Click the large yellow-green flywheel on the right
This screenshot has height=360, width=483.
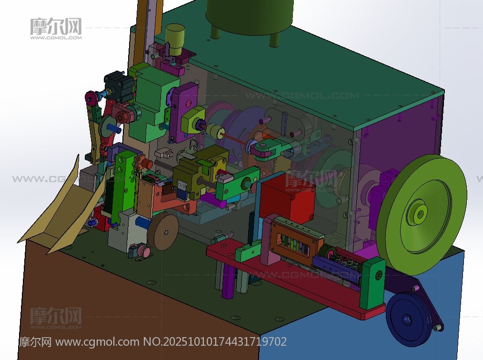coord(422,215)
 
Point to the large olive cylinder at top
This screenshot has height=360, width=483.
coord(250,15)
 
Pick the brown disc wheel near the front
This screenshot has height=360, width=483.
coord(163,231)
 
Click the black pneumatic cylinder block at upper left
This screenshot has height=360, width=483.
coord(119,86)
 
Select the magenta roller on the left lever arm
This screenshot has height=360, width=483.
coord(91,98)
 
